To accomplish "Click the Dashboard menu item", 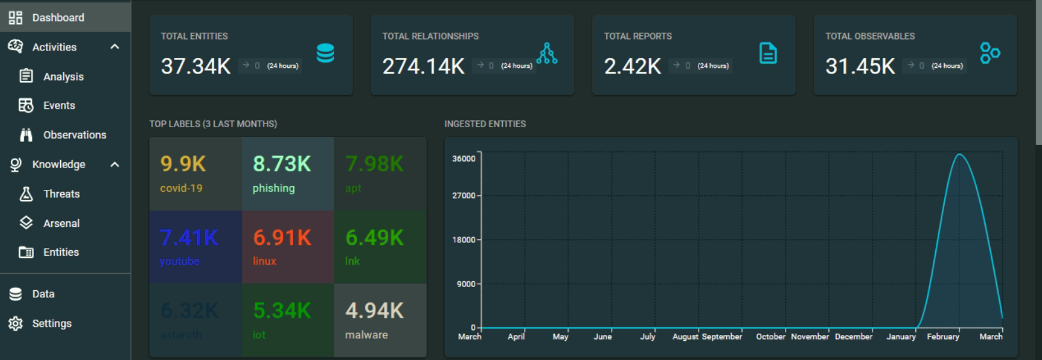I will coord(58,17).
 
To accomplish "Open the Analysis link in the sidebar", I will coord(63,77).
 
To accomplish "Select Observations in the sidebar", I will coord(74,135).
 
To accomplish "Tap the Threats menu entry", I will coord(61,194).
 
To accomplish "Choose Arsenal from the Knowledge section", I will coord(61,223).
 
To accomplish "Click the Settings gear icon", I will coord(15,324).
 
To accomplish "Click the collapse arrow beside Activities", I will coord(114,47).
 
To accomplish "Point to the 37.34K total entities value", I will coord(196,66).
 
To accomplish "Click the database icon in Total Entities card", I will coord(326,53).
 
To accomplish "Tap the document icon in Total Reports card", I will coord(768,53).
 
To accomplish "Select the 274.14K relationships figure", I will coord(423,66).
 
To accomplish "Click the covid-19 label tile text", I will coord(181,188).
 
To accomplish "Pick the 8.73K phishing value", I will coord(282,164).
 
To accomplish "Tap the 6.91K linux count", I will coord(282,238).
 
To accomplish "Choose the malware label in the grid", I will coord(367,335).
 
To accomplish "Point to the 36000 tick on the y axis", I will coord(464,159).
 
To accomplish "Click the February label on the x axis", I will coord(943,336).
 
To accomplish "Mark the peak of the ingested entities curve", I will coord(959,154).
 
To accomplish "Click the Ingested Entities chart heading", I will coord(485,124).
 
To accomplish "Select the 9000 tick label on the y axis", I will coord(466,284).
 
